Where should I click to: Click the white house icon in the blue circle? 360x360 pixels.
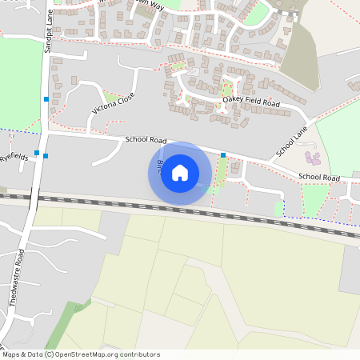[x=180, y=173]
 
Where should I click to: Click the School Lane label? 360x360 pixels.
[x=291, y=142]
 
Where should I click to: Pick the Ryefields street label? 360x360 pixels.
[x=14, y=158]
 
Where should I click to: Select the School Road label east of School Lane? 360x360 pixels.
[x=320, y=176]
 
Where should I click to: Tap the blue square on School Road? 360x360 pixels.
[x=223, y=154]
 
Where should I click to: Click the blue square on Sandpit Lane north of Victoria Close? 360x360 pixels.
[x=46, y=98]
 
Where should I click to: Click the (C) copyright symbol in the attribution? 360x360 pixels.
[x=49, y=354]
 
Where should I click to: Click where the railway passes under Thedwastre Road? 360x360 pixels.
[x=32, y=197]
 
